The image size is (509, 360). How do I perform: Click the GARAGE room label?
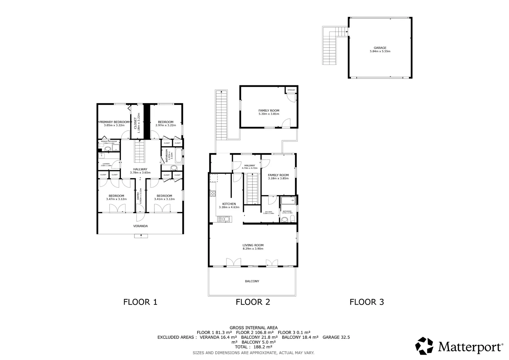[x=380, y=48]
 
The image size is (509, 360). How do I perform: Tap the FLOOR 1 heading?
[x=140, y=302]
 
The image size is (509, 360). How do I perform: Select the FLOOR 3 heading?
[x=367, y=302]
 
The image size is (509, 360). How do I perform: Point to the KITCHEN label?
[x=229, y=204]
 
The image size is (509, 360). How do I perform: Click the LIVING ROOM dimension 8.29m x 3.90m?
[x=253, y=249]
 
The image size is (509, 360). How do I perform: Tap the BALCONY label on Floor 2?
[x=252, y=281]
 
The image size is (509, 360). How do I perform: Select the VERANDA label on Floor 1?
[x=140, y=226]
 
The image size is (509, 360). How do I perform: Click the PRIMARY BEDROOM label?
[x=114, y=122]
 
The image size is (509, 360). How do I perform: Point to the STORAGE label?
[x=291, y=90]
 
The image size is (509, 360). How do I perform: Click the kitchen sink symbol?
[x=225, y=219]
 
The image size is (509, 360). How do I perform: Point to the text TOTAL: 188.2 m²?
[x=254, y=347]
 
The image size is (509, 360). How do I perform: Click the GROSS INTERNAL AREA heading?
[x=254, y=328]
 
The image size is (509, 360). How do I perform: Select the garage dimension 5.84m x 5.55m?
[x=380, y=51]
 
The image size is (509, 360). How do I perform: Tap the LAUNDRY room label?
[x=106, y=164]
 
